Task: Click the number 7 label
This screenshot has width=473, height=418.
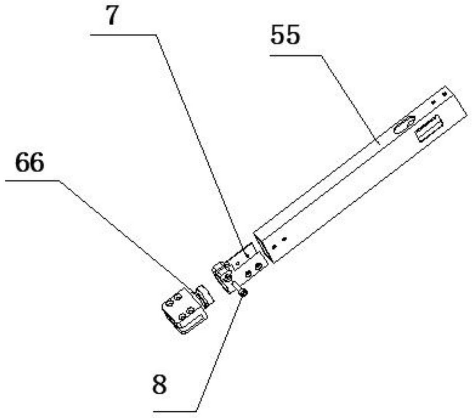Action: [111, 17]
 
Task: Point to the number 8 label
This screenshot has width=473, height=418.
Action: [160, 385]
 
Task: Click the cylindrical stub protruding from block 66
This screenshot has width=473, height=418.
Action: [205, 298]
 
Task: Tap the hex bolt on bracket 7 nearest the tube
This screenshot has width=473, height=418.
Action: [258, 267]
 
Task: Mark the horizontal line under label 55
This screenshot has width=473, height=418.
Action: [295, 56]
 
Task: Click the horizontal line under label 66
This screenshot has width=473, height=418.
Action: [31, 180]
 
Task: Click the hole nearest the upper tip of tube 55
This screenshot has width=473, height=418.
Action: [445, 94]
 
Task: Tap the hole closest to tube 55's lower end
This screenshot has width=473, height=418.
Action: [275, 246]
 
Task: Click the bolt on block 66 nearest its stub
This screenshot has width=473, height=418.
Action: [190, 310]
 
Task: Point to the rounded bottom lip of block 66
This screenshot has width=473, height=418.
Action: [186, 328]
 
